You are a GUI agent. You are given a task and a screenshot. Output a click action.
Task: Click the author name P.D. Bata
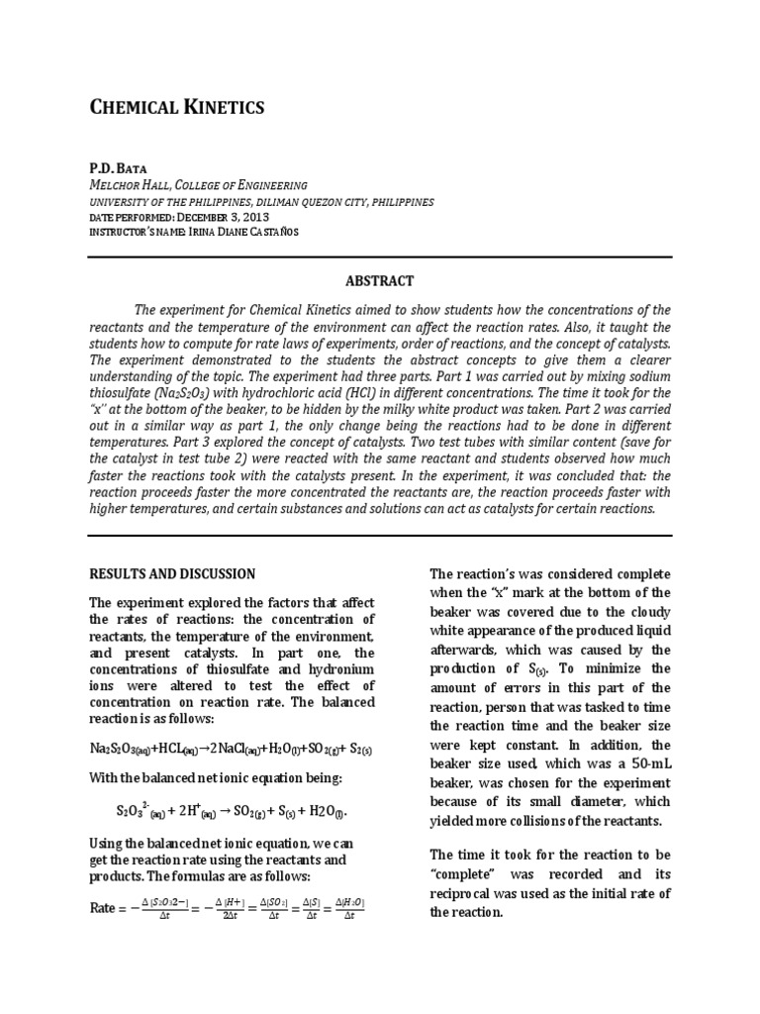(118, 168)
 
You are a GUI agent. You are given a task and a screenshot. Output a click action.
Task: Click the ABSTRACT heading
(380, 281)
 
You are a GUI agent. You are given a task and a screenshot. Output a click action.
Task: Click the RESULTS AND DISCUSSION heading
(172, 573)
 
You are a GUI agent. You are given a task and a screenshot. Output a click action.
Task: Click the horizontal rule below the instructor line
(380, 255)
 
